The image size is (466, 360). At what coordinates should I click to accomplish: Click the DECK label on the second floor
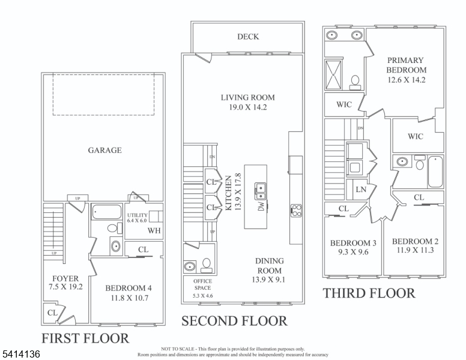click(248, 37)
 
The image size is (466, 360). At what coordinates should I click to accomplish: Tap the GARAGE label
click(104, 150)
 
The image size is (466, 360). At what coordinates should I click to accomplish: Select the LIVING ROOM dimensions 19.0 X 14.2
click(247, 108)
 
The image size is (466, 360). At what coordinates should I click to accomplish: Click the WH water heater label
click(154, 230)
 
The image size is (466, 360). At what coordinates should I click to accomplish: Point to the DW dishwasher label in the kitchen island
click(261, 207)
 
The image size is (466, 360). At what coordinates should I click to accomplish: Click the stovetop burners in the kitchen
click(296, 211)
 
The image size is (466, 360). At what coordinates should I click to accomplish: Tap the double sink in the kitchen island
click(261, 191)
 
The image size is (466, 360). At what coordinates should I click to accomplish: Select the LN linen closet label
click(360, 190)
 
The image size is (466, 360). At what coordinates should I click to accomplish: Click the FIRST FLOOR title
click(85, 338)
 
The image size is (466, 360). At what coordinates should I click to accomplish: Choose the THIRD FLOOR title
click(369, 293)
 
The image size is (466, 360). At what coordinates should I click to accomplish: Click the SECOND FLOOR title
click(234, 321)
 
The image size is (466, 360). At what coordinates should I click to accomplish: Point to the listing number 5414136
click(20, 355)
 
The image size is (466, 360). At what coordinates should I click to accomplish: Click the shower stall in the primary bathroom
click(334, 75)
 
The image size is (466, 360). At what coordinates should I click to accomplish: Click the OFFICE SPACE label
click(202, 284)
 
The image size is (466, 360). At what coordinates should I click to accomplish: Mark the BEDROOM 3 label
click(353, 243)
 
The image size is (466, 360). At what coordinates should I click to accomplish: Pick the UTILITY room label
click(138, 215)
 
